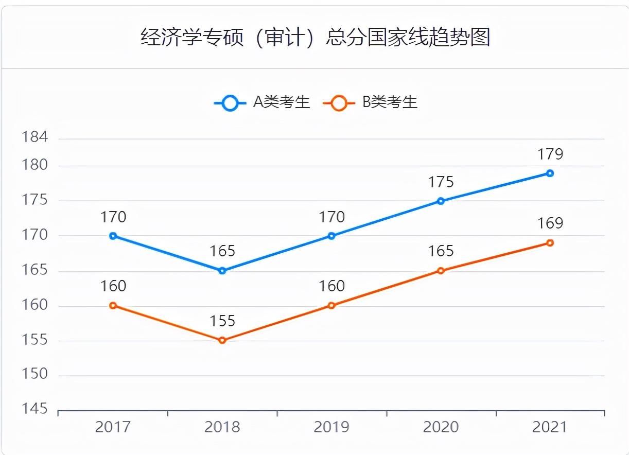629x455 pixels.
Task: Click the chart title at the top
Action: tap(315, 38)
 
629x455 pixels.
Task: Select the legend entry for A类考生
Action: tap(263, 102)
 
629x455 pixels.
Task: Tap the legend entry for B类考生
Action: tap(370, 102)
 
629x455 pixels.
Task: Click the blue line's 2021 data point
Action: tap(550, 173)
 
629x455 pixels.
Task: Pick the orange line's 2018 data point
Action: tap(222, 340)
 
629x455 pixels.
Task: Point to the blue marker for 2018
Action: tap(222, 271)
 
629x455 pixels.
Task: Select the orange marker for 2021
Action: tap(550, 243)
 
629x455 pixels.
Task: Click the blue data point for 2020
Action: tap(441, 201)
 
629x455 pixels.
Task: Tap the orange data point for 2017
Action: tap(113, 305)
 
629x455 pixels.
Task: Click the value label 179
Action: tap(550, 154)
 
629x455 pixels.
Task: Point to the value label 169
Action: tap(550, 223)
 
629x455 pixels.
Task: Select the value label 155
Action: tap(222, 321)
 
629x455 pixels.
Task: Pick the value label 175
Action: tap(441, 182)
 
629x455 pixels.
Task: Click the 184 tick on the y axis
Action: tap(35, 137)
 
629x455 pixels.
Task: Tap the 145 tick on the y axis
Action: tap(35, 409)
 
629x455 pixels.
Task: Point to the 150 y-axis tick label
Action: tap(35, 374)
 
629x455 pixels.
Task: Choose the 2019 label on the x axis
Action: tap(331, 427)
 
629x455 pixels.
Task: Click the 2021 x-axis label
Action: tap(549, 427)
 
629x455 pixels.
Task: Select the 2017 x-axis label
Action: tap(113, 427)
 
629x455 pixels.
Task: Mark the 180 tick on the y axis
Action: tap(35, 166)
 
